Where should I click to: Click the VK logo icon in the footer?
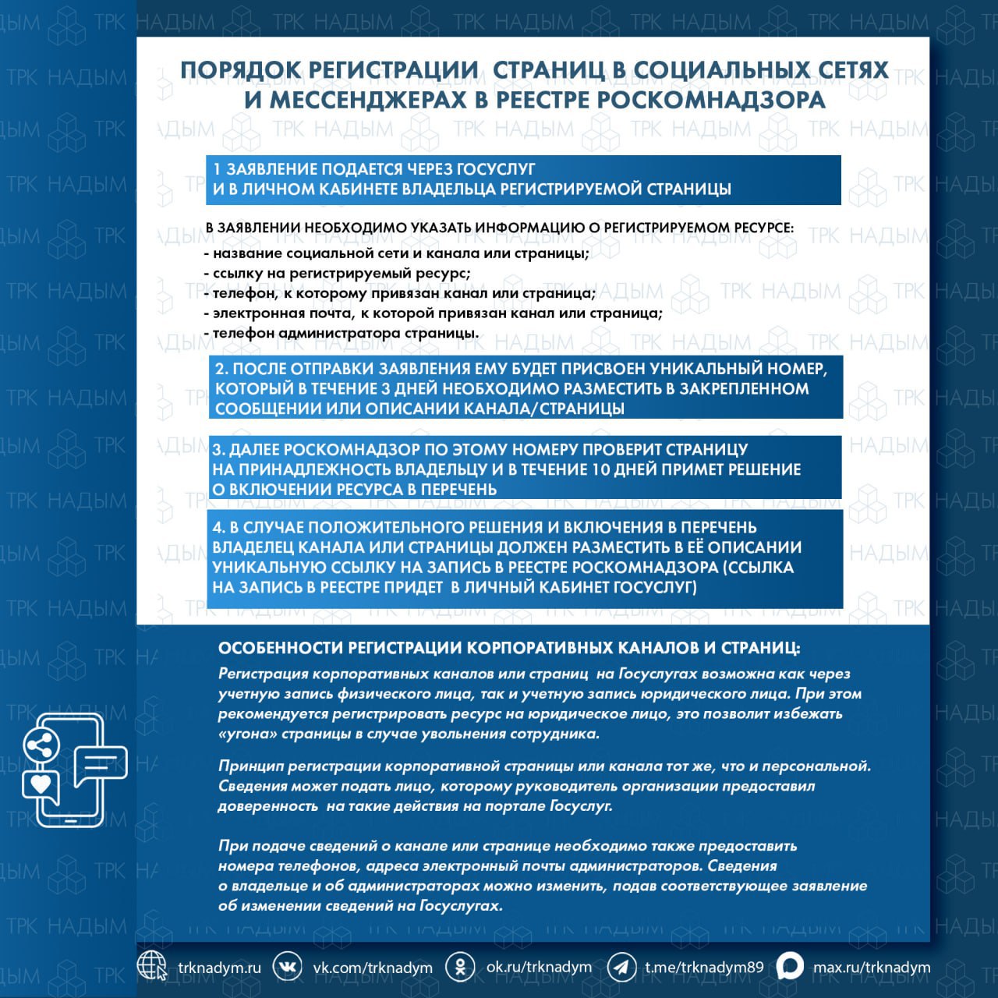(287, 967)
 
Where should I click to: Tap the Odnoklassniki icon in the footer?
(460, 967)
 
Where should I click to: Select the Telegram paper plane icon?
(621, 967)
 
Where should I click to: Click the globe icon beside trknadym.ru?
(152, 966)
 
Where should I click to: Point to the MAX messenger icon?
(789, 967)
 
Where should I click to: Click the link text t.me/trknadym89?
(704, 968)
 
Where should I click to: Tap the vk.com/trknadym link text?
(373, 968)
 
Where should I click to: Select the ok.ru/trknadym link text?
(539, 967)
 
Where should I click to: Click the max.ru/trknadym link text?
(872, 968)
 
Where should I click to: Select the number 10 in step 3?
(600, 469)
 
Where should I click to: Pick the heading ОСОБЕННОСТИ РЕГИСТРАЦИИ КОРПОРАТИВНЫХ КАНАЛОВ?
(508, 648)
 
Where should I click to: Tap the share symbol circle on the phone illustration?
(42, 746)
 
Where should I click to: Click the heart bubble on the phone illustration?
(41, 782)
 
